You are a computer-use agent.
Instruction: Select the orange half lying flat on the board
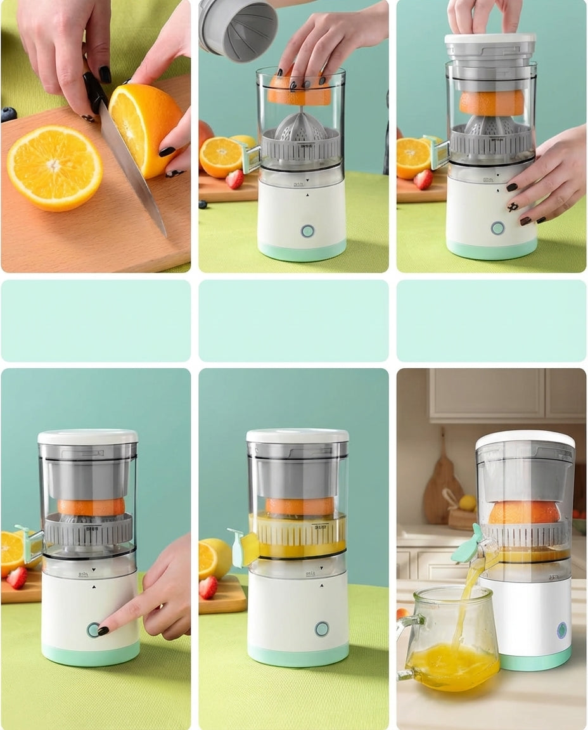tap(54, 167)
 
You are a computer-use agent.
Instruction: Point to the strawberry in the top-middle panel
tap(234, 179)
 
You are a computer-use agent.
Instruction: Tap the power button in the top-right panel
tap(497, 228)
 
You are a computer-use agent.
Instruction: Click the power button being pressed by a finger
tap(94, 629)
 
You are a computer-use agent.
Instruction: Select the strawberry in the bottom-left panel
tap(17, 577)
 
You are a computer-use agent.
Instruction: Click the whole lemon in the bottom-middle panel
tap(217, 558)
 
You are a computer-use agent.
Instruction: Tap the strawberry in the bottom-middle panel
tap(208, 587)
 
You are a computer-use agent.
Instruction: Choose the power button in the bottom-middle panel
tap(322, 629)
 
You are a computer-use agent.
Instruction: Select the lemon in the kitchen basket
tap(468, 503)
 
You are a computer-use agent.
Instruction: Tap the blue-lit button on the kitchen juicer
tap(561, 630)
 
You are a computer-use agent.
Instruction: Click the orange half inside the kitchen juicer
tap(524, 512)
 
